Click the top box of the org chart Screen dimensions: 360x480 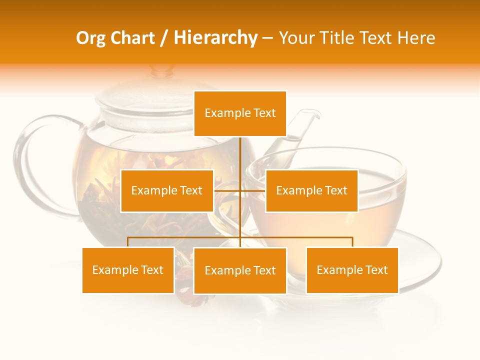240,113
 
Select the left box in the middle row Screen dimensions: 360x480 167,190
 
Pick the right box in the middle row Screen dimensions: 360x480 311,190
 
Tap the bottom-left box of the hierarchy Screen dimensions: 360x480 128,270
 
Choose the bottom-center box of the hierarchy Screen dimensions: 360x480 240,270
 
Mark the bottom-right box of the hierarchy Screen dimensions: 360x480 352,270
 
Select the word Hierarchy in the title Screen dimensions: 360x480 215,38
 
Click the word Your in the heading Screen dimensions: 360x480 295,38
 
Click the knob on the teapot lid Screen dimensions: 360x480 161,71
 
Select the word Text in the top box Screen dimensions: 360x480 264,113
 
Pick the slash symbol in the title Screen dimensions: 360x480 164,38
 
